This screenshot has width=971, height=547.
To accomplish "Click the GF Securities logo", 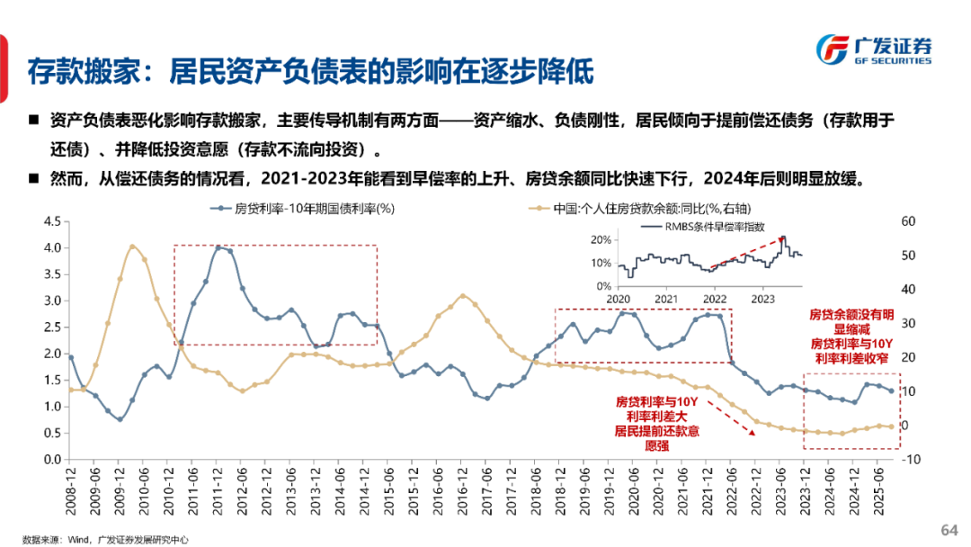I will point(871,50).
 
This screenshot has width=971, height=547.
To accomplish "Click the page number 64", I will point(949,528).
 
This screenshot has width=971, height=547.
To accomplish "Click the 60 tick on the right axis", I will point(909,220).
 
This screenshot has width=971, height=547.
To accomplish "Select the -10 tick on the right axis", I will point(912,460).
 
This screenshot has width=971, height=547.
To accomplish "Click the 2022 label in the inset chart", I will point(715,298).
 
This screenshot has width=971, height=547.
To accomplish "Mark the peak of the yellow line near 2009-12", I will point(132,246).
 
